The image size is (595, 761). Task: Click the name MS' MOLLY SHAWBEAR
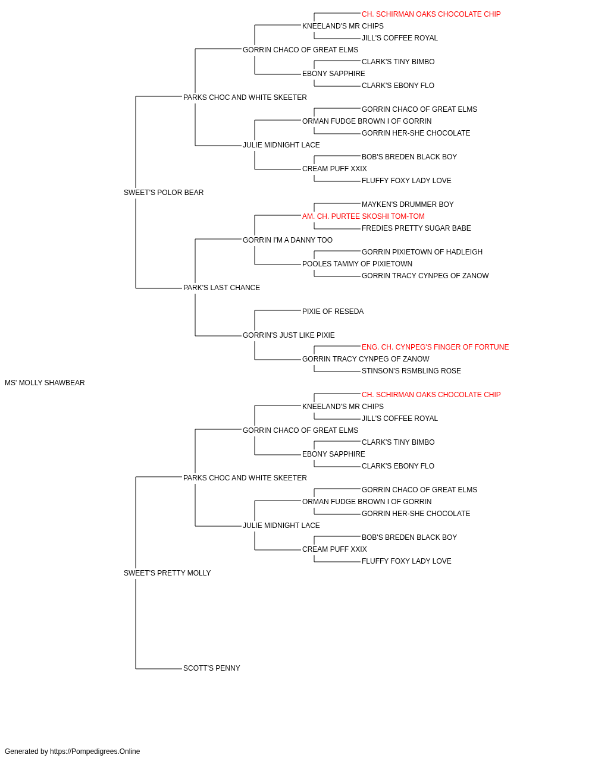[x=45, y=383]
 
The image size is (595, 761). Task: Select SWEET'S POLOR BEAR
[x=164, y=193]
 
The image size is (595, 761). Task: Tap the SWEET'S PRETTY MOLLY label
[x=167, y=573]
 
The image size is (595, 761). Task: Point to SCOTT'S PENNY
[x=212, y=668]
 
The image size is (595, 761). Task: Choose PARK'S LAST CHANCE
[x=221, y=288]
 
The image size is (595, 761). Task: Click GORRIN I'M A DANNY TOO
[x=288, y=240]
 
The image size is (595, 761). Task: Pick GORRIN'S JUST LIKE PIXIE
[x=289, y=335]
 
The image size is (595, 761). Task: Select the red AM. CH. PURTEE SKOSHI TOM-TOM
[x=364, y=216]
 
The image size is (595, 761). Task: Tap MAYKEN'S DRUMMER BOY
[x=408, y=204]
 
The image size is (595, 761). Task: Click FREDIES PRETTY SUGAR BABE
[x=416, y=228]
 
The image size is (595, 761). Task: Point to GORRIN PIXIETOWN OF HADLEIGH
[x=422, y=252]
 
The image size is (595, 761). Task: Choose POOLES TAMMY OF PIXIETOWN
[x=357, y=264]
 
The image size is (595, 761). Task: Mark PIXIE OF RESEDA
[x=333, y=312]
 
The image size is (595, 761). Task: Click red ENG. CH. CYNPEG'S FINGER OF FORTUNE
[x=435, y=347]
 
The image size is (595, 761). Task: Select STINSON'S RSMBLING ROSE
[x=411, y=371]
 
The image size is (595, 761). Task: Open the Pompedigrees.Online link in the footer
[x=95, y=751]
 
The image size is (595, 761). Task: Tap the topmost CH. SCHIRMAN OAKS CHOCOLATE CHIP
[x=431, y=14]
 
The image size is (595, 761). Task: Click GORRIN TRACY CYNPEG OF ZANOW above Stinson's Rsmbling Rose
[x=365, y=359]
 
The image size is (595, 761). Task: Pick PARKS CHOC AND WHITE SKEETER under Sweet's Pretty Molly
[x=245, y=477]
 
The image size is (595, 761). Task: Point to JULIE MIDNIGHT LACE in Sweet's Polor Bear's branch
[x=281, y=144]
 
